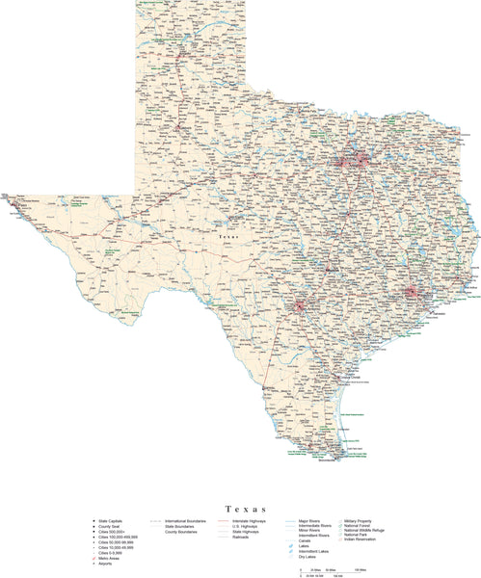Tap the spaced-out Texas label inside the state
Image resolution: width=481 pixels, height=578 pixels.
228,236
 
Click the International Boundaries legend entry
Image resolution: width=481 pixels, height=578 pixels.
189,521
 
